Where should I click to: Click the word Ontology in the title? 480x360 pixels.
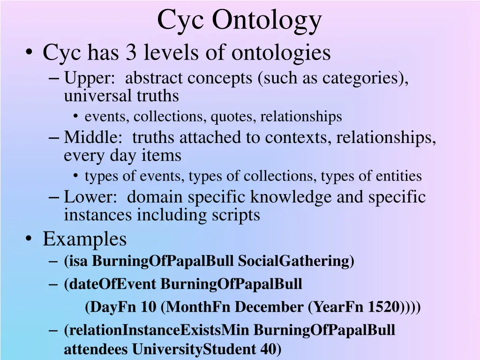[x=267, y=21]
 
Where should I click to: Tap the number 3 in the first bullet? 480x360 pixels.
[x=131, y=53]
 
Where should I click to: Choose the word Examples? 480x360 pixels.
[x=85, y=239]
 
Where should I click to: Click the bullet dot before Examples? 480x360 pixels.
[x=30, y=240]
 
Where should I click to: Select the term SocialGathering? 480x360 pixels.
[x=295, y=261]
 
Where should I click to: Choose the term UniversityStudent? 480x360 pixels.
[x=194, y=349]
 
